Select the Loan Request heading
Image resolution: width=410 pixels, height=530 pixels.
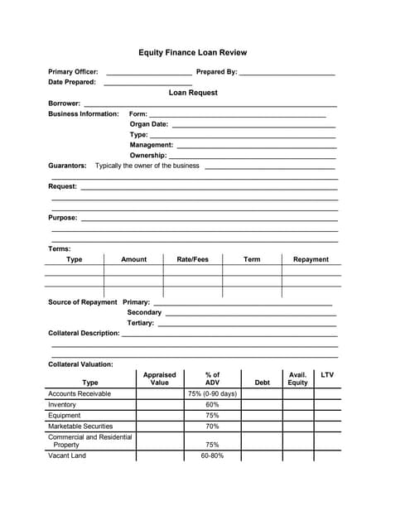[x=193, y=93]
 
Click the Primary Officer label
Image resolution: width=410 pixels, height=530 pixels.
[x=73, y=72]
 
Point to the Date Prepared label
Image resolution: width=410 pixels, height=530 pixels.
[x=72, y=82]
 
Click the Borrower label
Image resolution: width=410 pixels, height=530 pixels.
[x=65, y=104]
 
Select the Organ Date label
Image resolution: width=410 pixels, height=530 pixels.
[x=149, y=124]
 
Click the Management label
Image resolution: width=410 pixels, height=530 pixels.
[x=152, y=145]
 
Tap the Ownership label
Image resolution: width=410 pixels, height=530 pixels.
[x=148, y=156]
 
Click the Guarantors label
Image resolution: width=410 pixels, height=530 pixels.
[x=67, y=166]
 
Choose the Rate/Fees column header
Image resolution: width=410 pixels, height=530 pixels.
[x=193, y=259]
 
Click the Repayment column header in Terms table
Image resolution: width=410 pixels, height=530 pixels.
[x=311, y=259]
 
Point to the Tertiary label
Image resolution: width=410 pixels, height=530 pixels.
[x=141, y=323]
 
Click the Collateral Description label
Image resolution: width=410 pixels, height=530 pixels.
[x=84, y=333]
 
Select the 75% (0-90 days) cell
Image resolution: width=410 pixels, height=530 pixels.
[x=212, y=394]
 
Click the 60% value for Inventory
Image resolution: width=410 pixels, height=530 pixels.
[x=212, y=405]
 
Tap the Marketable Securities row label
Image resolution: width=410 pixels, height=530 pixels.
[x=80, y=426]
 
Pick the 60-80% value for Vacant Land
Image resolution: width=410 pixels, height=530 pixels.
[x=212, y=455]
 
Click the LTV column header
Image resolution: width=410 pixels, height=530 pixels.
[x=327, y=375]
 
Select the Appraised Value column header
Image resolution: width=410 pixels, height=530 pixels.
[x=159, y=378]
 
